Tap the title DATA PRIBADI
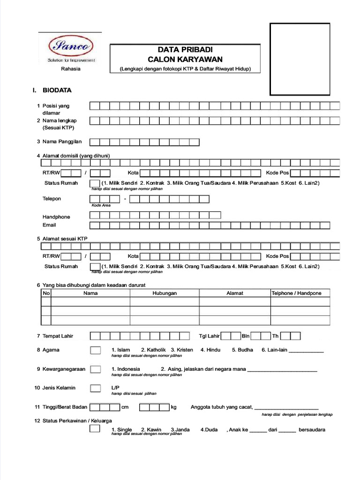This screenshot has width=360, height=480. [185, 50]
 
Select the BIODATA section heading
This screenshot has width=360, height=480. [57, 90]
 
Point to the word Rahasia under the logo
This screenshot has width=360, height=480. [71, 69]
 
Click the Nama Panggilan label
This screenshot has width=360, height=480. [62, 142]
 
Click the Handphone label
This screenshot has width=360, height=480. [56, 217]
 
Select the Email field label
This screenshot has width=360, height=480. [49, 225]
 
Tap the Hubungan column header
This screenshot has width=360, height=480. [165, 293]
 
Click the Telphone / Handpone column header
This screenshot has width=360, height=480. [297, 293]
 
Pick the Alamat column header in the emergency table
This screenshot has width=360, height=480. [235, 293]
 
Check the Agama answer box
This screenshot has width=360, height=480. [95, 350]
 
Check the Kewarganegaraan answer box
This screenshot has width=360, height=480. [95, 369]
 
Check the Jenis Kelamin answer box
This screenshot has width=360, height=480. [95, 388]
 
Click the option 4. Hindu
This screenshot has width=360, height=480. [210, 350]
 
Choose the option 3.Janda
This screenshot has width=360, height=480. [180, 429]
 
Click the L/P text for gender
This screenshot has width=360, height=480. [115, 388]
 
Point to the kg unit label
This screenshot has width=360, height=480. [173, 407]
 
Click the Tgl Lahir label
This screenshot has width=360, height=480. [209, 336]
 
